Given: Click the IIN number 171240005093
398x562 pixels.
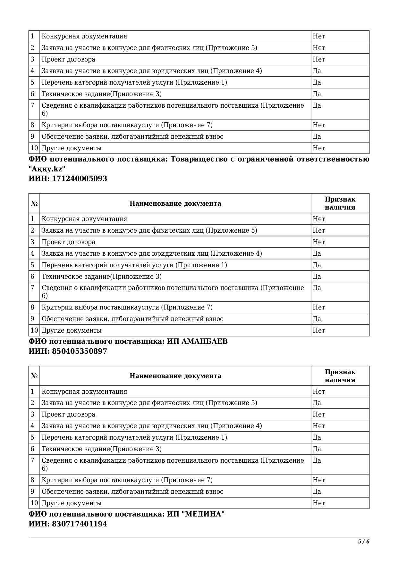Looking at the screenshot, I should click(x=80, y=179).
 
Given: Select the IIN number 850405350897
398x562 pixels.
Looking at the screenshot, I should click(x=80, y=351).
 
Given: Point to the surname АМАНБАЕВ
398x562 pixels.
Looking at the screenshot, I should click(x=205, y=342).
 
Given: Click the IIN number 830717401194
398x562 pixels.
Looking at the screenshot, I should click(x=80, y=524).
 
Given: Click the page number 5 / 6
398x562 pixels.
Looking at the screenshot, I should click(x=364, y=542).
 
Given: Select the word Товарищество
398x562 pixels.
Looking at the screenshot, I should click(x=199, y=159).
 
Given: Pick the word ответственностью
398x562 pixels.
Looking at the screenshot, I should click(x=335, y=159).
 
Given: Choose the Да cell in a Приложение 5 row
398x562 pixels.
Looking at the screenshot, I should click(x=317, y=403).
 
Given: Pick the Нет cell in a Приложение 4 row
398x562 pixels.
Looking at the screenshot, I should click(x=319, y=426).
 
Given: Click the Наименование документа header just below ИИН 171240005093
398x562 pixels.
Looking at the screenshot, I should click(x=175, y=203).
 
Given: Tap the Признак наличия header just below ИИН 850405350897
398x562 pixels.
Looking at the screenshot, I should click(x=340, y=376).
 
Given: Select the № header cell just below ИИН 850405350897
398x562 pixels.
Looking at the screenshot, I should click(x=34, y=376).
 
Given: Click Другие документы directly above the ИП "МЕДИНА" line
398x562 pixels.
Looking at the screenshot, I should click(x=72, y=503).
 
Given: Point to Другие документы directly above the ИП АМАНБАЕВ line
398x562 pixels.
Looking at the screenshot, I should click(x=72, y=330).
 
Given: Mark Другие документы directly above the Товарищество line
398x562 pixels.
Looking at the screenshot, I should click(x=72, y=148).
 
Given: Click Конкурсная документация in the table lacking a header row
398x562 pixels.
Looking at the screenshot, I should click(x=84, y=37).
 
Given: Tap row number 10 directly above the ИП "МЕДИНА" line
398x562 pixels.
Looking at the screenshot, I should click(x=34, y=503).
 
